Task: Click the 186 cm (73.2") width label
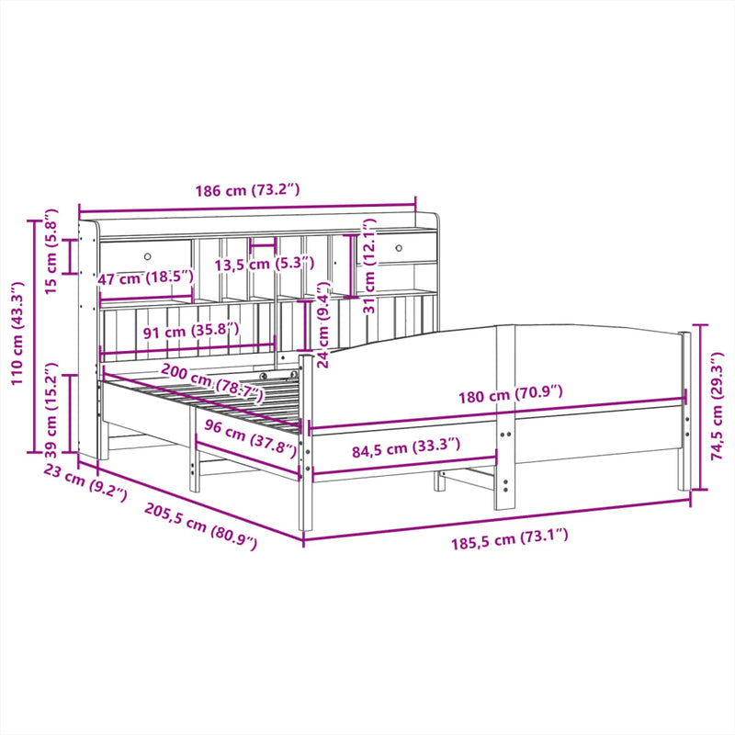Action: [x=247, y=190]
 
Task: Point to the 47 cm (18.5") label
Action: [x=146, y=277]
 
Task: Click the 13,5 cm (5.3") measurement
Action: [x=264, y=265]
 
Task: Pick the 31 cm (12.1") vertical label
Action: [x=369, y=266]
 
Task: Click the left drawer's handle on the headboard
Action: [x=148, y=254]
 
